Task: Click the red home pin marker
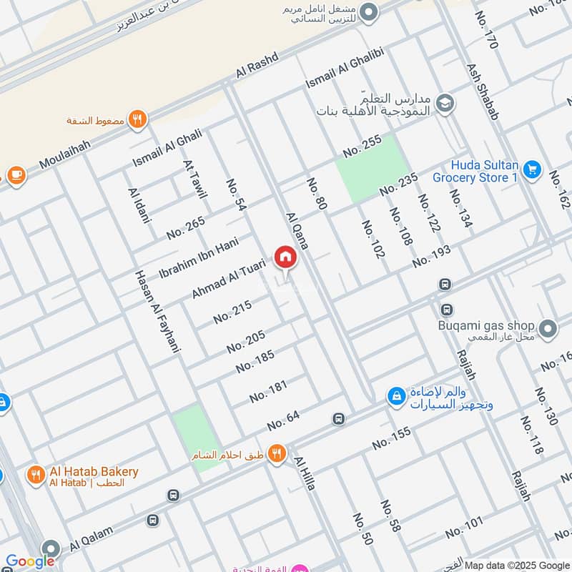(x=285, y=257)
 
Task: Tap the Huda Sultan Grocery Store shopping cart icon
(x=531, y=169)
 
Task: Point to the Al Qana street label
(x=297, y=230)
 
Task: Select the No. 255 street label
(x=363, y=147)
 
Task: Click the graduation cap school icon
(x=444, y=103)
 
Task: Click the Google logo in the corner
(x=30, y=561)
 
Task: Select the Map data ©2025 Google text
(x=516, y=564)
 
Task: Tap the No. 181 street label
(x=269, y=391)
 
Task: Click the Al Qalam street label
(x=94, y=538)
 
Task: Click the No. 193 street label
(x=432, y=255)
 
